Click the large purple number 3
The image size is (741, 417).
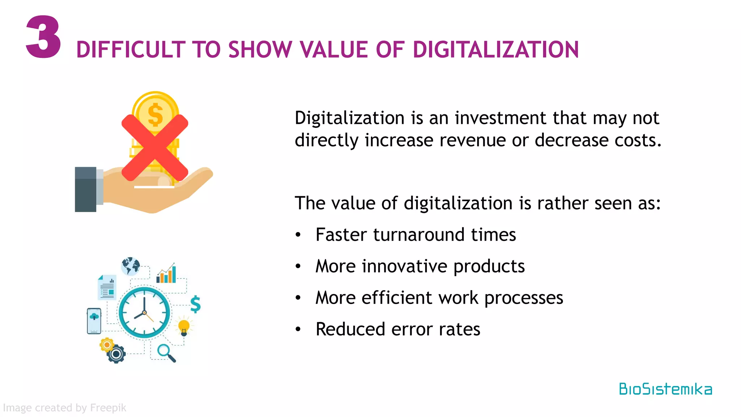click(43, 37)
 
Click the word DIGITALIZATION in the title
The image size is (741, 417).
click(496, 50)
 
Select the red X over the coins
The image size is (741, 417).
click(155, 148)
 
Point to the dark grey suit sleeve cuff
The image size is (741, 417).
click(86, 189)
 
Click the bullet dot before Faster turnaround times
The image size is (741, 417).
click(298, 235)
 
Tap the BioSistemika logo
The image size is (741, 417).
click(665, 389)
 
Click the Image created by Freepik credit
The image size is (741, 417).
click(64, 408)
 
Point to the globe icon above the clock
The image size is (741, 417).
click(131, 266)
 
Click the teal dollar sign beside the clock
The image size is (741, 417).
click(195, 304)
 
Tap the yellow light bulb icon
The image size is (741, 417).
click(184, 327)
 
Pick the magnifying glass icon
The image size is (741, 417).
click(166, 353)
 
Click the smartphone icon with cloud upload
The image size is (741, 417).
click(94, 321)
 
